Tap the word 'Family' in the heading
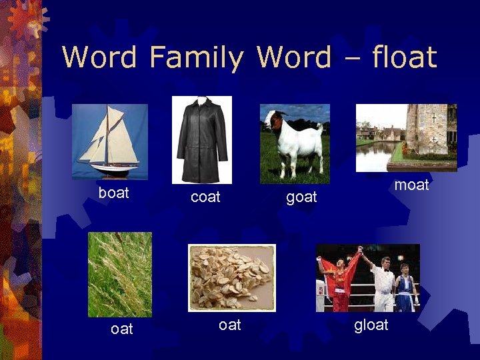(x=197, y=58)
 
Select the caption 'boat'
(x=114, y=193)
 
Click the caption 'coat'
(x=205, y=197)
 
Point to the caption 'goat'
(x=301, y=197)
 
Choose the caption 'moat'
(x=411, y=185)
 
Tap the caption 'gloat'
(x=371, y=325)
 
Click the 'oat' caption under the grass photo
(x=122, y=329)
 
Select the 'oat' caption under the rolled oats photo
(x=230, y=325)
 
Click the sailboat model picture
(x=109, y=141)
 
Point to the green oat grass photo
(x=120, y=274)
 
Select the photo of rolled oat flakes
(x=231, y=277)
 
